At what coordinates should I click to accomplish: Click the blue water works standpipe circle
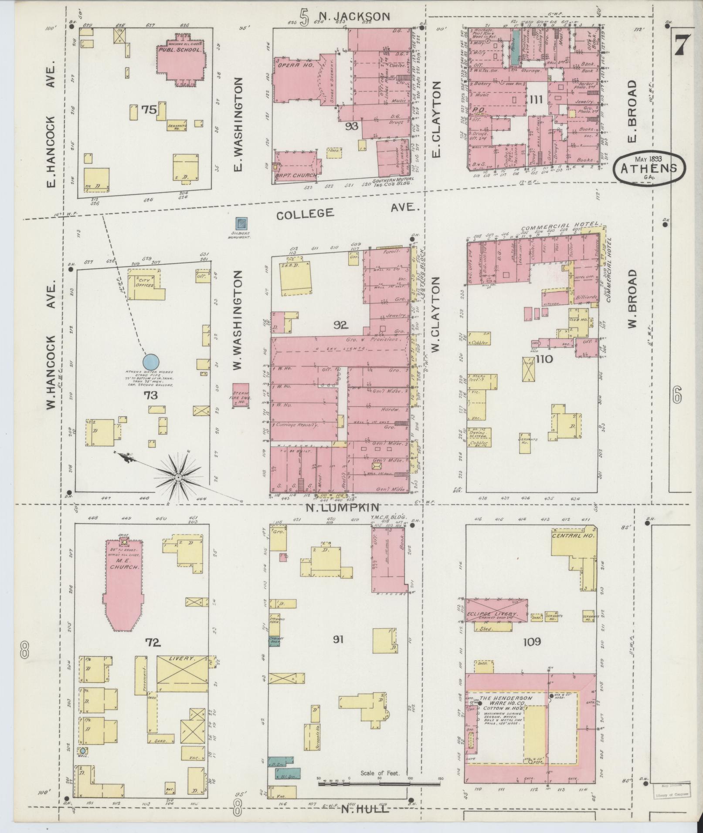[151, 361]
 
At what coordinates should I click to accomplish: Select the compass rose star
[178, 478]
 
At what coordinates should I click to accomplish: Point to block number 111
[536, 100]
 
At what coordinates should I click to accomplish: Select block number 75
[149, 110]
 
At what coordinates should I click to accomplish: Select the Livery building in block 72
[182, 683]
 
